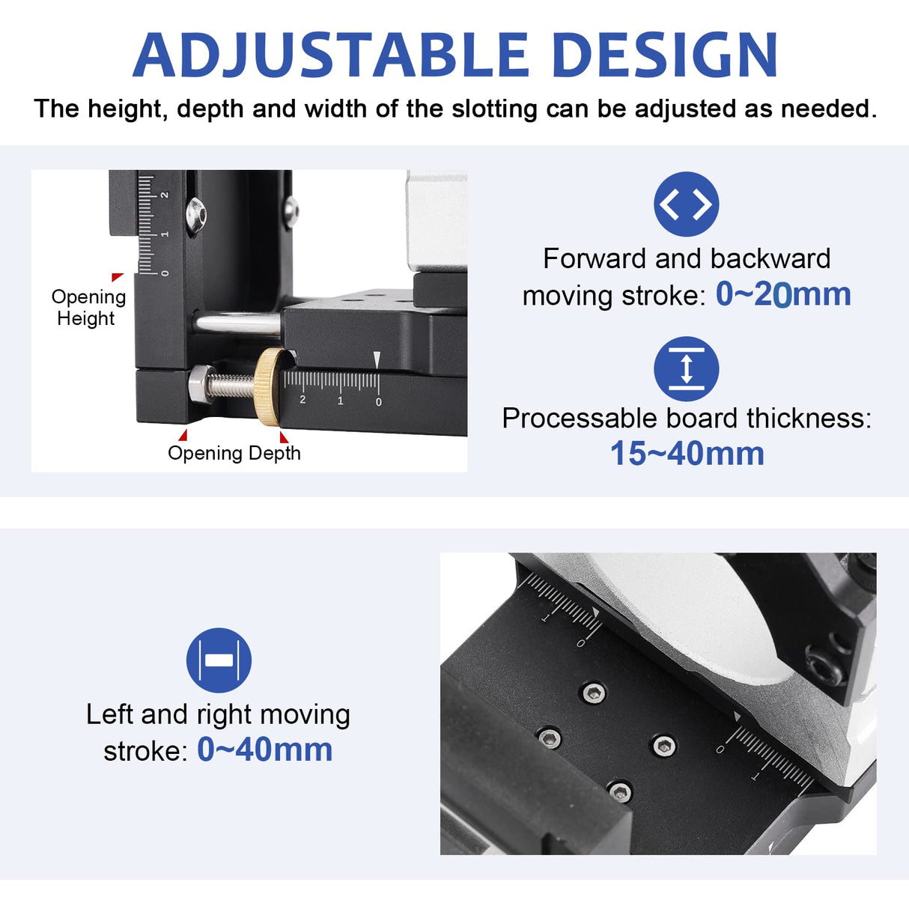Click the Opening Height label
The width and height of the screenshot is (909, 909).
[x=88, y=307]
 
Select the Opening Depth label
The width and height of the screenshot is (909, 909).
[x=234, y=453]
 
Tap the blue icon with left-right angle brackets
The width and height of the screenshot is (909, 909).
[x=686, y=204]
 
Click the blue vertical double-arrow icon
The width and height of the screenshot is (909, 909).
[x=686, y=369]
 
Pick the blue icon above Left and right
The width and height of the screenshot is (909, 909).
[x=219, y=660]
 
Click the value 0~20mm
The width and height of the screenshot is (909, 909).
[x=783, y=294]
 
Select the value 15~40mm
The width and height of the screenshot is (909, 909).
[x=687, y=454]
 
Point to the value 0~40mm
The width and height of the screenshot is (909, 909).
[x=264, y=750]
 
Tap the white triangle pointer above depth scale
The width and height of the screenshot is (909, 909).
[x=377, y=360]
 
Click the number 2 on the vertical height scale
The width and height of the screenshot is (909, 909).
[x=165, y=195]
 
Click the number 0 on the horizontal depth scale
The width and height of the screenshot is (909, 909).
[x=378, y=402]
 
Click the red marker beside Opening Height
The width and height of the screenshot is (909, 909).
[x=117, y=278]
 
